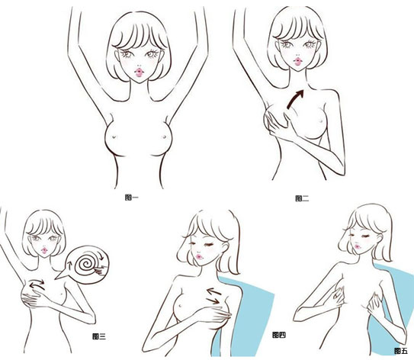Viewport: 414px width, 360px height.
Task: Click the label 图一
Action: [x=131, y=198]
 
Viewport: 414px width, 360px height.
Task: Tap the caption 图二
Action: [x=302, y=198]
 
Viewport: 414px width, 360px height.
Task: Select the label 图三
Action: [x=99, y=336]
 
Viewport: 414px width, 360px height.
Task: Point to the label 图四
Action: [x=279, y=335]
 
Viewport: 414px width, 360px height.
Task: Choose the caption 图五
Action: [x=401, y=351]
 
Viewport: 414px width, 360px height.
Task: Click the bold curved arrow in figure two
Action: [x=294, y=99]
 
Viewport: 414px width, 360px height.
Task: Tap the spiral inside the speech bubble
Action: [x=85, y=264]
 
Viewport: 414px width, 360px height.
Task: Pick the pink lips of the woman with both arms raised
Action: [x=139, y=72]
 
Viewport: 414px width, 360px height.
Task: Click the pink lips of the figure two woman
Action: [x=297, y=62]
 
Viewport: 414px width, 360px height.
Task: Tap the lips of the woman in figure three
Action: [x=44, y=250]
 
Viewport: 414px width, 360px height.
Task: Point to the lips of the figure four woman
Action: [x=199, y=256]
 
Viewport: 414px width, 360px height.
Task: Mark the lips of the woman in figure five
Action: [x=358, y=246]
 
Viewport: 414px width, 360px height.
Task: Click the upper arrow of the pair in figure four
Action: [x=214, y=292]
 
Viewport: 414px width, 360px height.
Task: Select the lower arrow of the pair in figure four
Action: [x=214, y=301]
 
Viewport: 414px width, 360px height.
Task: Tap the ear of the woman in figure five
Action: [x=379, y=238]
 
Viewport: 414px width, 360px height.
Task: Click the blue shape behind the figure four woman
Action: [x=251, y=317]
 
